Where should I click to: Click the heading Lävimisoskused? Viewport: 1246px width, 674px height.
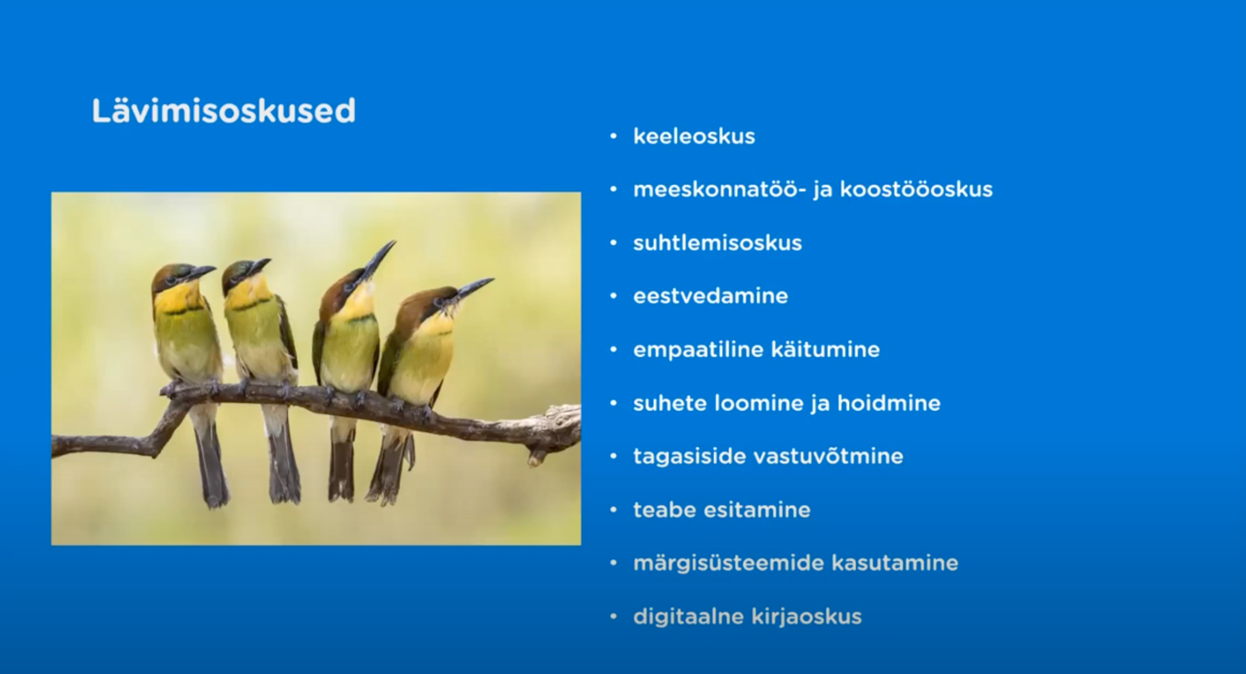coord(224,111)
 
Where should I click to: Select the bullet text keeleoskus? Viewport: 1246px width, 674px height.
coord(694,137)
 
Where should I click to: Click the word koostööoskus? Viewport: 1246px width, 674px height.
coord(916,189)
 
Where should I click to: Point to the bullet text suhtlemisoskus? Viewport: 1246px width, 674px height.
coord(718,243)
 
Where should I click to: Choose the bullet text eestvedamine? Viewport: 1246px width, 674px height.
coord(711,296)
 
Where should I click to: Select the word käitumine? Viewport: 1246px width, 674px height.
coord(825,350)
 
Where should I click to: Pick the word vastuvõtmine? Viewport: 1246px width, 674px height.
coord(828,456)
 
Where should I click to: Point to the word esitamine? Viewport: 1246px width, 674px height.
coord(757,510)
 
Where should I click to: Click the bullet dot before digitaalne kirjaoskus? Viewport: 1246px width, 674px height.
coord(614,617)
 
